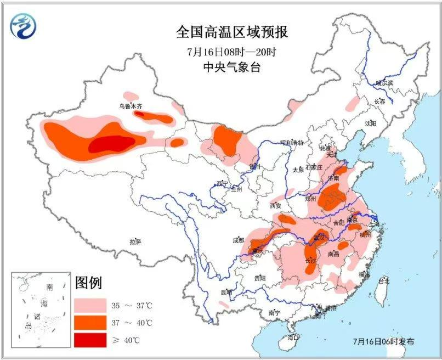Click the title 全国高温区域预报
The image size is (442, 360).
(232, 32)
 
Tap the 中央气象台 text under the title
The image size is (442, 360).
(232, 68)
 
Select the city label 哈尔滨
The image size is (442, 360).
(384, 83)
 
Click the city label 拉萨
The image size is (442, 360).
(135, 241)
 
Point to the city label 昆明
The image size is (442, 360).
(225, 292)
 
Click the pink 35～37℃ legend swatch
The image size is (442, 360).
(90, 304)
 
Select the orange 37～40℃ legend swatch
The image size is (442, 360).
(90, 322)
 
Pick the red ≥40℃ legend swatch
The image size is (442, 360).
(90, 340)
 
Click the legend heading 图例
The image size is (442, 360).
(89, 283)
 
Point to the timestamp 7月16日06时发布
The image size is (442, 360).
(384, 341)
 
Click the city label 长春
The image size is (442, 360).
(379, 102)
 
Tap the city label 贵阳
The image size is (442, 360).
(259, 279)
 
